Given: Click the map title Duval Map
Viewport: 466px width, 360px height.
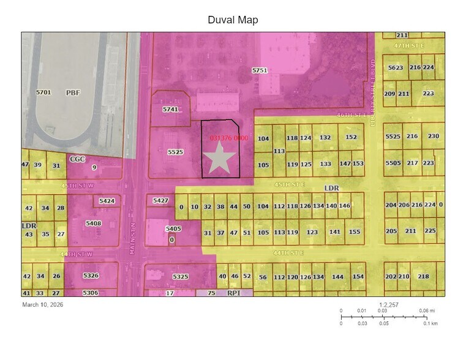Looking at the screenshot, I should pos(233,20).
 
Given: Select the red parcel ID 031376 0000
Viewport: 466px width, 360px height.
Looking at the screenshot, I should pos(228,138).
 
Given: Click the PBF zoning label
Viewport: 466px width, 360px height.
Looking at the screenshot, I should pos(73,92).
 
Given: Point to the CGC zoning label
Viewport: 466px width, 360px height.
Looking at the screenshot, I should pos(77,159).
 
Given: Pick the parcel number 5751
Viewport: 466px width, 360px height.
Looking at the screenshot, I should pos(260,71).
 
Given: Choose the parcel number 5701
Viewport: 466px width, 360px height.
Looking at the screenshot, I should pos(43,92).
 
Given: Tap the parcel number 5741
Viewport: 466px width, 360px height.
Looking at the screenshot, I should pos(170,109).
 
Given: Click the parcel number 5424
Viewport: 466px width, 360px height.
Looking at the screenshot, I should pos(107,201).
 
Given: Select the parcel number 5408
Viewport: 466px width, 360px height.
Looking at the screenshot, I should pos(93,223).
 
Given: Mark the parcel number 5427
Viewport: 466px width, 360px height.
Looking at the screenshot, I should pos(160,201).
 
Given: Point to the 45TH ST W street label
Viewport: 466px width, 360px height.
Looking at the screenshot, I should pos(80,185).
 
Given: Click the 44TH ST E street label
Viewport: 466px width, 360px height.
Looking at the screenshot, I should pos(288,252).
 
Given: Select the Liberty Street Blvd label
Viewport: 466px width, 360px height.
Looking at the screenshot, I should pos(372,92).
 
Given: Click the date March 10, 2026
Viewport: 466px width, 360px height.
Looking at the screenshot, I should pos(42,304).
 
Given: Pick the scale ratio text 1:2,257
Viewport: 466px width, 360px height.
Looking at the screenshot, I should pos(390,304).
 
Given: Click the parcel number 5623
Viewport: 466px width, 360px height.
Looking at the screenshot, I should pos(395,67).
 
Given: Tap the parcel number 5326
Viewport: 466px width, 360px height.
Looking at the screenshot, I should pos(91,276).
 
